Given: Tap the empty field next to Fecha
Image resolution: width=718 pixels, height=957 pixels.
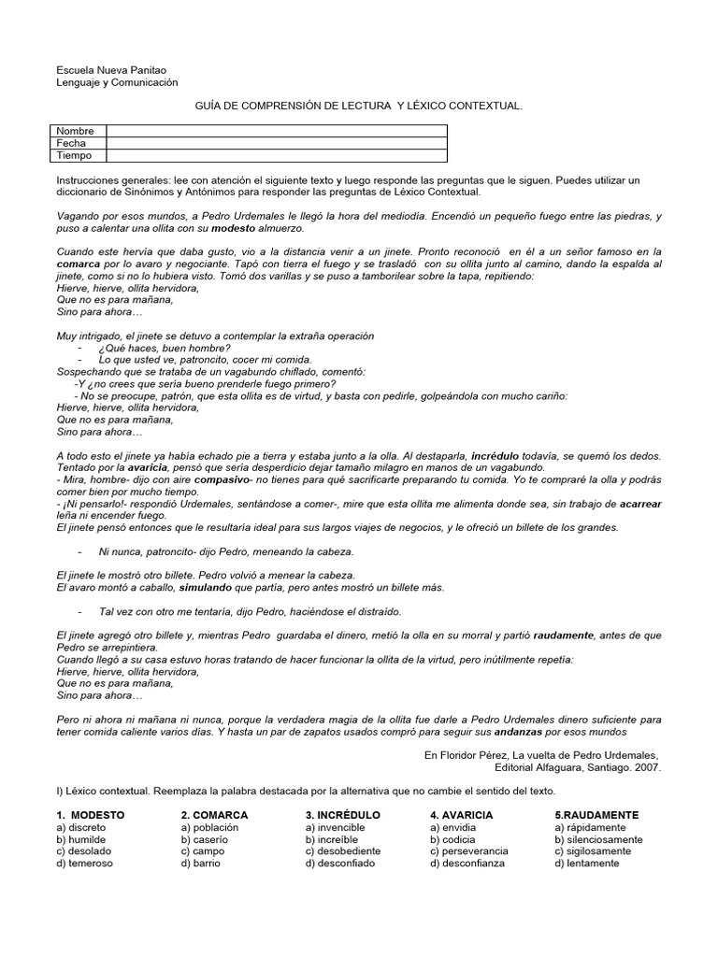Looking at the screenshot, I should point(277,143).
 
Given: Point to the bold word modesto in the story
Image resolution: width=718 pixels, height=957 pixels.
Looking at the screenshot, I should point(233,227).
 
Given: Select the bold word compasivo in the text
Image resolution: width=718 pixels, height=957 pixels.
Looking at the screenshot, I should point(222,478).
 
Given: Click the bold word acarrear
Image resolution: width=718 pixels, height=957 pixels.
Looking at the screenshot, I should point(640,503).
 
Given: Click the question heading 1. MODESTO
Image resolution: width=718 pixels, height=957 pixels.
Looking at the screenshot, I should point(90,815).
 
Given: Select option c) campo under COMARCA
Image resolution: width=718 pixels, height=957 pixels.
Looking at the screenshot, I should point(203,851).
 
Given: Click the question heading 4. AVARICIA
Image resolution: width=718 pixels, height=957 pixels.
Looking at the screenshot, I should point(461,815).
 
